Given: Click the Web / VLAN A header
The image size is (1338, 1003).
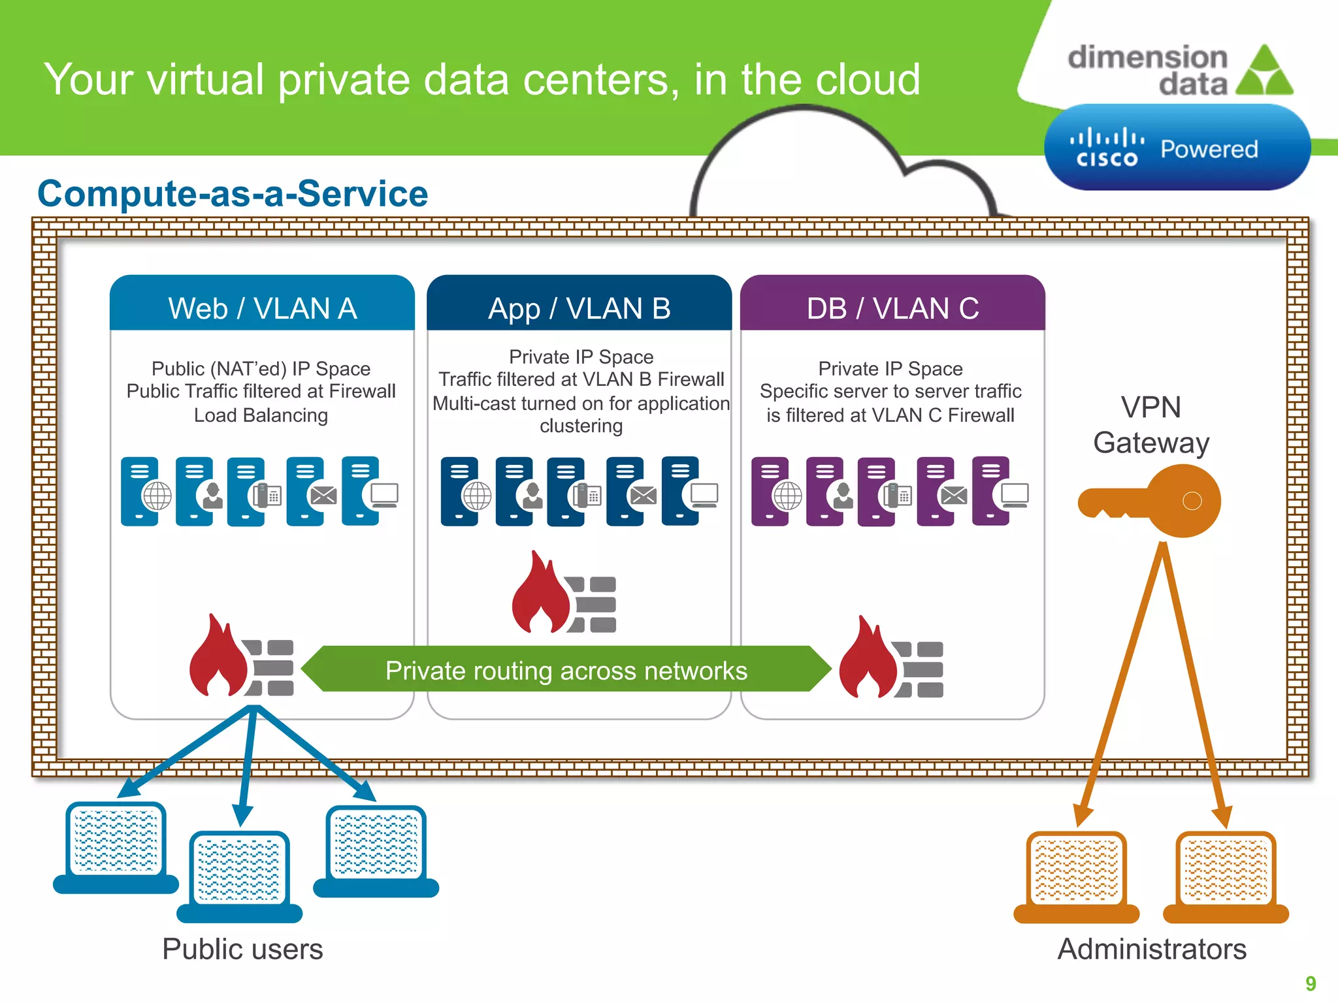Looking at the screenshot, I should [x=262, y=308].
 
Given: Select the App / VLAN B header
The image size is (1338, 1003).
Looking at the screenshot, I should [x=579, y=308].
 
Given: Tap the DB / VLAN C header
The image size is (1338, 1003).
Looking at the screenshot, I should [x=892, y=308].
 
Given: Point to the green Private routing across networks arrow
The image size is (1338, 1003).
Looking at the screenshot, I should [x=566, y=670].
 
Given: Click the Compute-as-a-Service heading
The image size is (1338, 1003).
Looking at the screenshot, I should [x=233, y=194].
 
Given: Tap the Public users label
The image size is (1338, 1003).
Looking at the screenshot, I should [x=242, y=949].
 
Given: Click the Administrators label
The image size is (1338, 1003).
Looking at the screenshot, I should [x=1152, y=949].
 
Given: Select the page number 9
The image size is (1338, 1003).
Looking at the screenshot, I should [x=1311, y=983].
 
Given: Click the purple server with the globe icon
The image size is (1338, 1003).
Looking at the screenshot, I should [x=775, y=491].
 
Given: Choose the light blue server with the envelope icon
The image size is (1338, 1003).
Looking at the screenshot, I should [x=310, y=491].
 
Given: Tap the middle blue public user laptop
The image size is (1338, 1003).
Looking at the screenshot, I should [x=239, y=875].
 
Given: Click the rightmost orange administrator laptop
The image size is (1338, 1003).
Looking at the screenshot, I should [x=1226, y=875].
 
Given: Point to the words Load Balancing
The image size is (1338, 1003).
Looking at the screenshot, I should [x=261, y=415].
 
